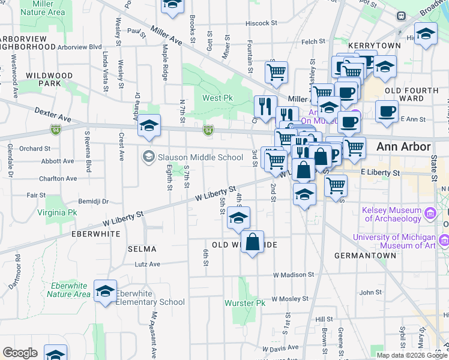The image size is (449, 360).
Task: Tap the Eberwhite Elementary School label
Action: pyautogui.click(x=150, y=298)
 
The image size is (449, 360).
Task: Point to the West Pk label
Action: pyautogui.click(x=217, y=98)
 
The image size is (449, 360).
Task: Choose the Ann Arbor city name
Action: pyautogui.click(x=403, y=147)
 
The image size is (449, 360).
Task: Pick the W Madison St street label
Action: pyautogui.click(x=294, y=275)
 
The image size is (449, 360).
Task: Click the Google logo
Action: pyautogui.click(x=20, y=353)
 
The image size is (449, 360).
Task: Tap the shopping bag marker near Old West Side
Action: pyautogui.click(x=253, y=242)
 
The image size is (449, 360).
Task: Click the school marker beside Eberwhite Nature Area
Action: pyautogui.click(x=105, y=292)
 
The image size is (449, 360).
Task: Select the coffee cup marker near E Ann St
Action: pyautogui.click(x=387, y=110)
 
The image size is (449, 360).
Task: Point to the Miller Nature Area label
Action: pyautogui.click(x=43, y=8)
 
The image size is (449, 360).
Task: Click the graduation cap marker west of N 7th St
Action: pyautogui.click(x=149, y=125)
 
